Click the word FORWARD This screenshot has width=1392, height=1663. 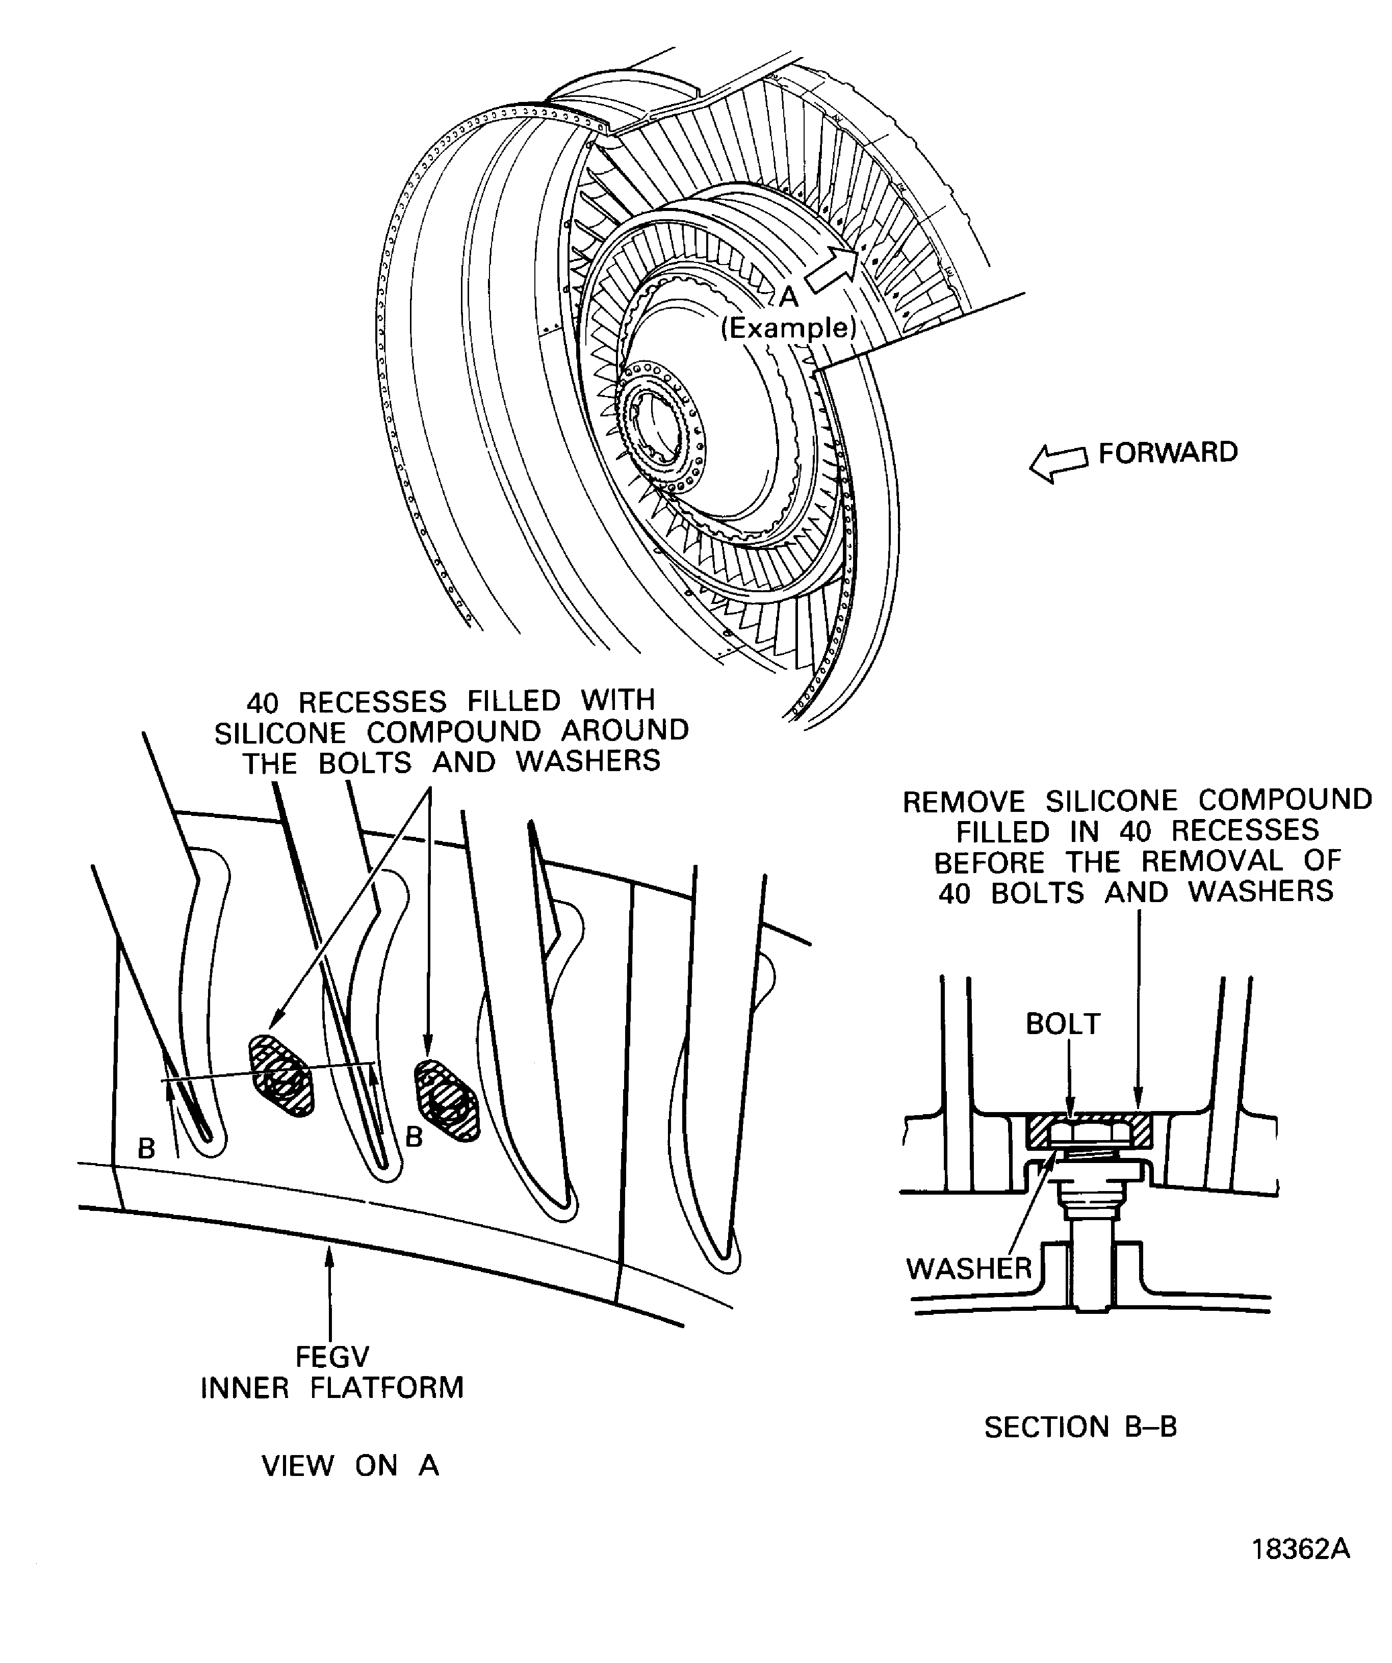(x=1167, y=453)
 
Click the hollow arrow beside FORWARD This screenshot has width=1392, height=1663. (x=1059, y=463)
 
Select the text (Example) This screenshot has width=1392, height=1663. (x=788, y=328)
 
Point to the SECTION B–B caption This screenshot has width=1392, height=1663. (x=1080, y=1427)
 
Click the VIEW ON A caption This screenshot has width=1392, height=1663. (x=350, y=1466)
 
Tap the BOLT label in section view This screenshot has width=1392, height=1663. (x=1063, y=1024)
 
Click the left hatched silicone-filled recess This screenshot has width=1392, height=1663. (x=282, y=1075)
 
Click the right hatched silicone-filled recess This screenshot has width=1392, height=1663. (x=448, y=1101)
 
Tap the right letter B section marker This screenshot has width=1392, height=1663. (x=414, y=1137)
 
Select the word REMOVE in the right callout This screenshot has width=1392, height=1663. (x=963, y=801)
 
